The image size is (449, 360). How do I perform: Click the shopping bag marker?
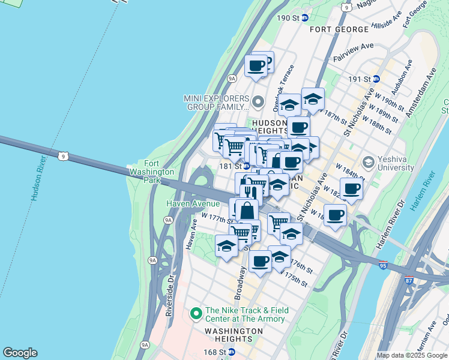(x=247, y=211)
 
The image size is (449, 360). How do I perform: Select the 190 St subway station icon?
(x=305, y=18)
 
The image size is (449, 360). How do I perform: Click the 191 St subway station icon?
(x=376, y=79)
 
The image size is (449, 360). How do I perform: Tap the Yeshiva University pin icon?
(x=368, y=162)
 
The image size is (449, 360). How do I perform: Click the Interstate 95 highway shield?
(x=383, y=265)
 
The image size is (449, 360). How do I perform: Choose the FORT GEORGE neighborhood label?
(x=339, y=29)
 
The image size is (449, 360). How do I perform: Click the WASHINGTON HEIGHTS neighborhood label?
(x=234, y=331)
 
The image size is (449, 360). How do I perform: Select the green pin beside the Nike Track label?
(x=195, y=314)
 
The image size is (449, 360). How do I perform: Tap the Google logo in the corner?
(x=20, y=353)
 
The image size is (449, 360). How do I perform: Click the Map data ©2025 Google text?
(x=412, y=355)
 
